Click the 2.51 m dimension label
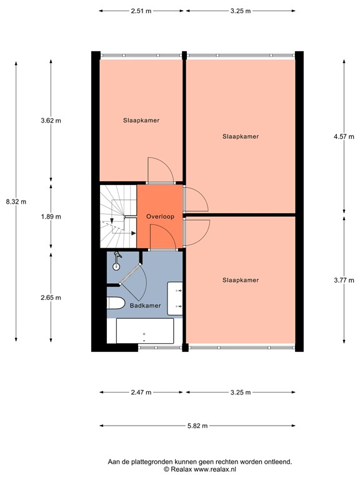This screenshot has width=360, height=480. pyautogui.click(x=141, y=11)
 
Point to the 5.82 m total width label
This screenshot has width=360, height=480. pyautogui.click(x=197, y=426)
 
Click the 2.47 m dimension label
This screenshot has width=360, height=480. pyautogui.click(x=141, y=392)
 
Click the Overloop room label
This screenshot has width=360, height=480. pyautogui.click(x=160, y=216)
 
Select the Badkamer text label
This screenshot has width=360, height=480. pyautogui.click(x=145, y=306)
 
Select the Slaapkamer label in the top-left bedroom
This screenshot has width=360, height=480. pyautogui.click(x=141, y=121)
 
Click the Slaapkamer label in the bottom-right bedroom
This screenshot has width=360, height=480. pyautogui.click(x=240, y=281)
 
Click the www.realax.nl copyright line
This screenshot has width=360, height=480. pyautogui.click(x=200, y=469)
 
